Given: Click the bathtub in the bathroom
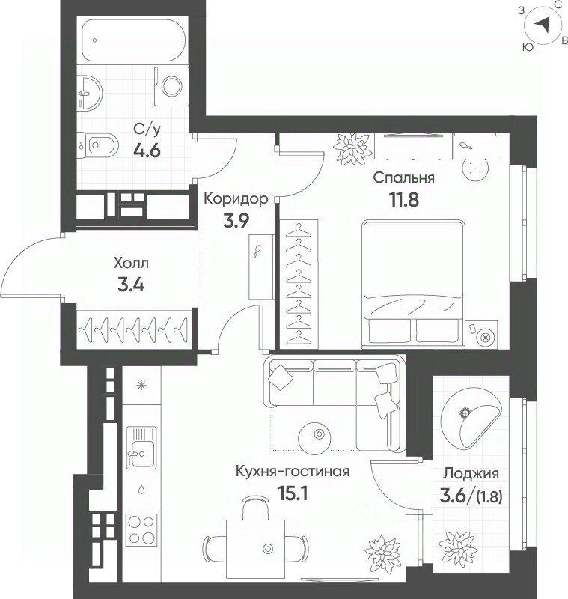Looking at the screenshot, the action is coord(134,40).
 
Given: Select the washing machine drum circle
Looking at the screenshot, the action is coord(172,86).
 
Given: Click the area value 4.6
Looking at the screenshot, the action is coord(147,151).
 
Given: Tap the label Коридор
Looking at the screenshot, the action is coord(236,199).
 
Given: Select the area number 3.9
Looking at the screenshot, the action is coord(236,220).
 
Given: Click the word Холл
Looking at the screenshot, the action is coord(131,264).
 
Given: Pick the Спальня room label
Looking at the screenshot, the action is coord(404,177).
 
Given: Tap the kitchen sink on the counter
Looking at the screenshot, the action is coord(141,447).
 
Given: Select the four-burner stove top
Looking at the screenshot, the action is coord(141,530).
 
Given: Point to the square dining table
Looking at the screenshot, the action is coord(255,549).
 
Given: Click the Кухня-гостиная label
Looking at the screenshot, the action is coord(293,472).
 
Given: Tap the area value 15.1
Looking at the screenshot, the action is coord(293,494).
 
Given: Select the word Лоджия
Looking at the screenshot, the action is coord(471,474).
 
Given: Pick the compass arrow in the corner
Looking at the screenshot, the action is coord(542,25).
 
